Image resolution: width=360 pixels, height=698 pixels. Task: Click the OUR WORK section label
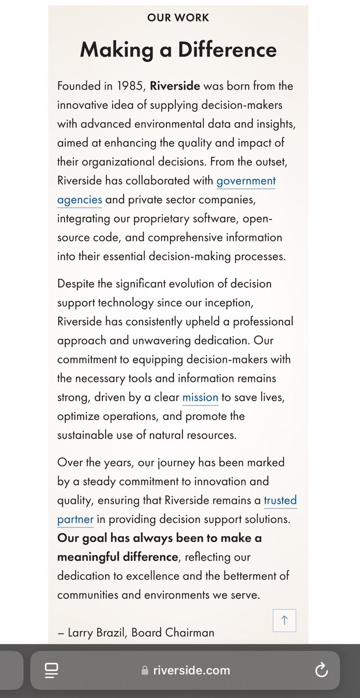(178, 17)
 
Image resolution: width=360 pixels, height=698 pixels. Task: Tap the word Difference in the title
(226, 50)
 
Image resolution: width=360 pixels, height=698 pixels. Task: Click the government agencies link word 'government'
(246, 181)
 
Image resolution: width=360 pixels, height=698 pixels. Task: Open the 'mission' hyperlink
(200, 398)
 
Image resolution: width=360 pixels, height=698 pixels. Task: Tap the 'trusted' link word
(280, 500)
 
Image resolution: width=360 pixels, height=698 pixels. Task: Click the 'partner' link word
(76, 519)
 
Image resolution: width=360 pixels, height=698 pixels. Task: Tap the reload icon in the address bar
(321, 671)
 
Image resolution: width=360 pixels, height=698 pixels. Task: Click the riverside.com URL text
(191, 671)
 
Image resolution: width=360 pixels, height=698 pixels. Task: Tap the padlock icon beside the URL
(145, 671)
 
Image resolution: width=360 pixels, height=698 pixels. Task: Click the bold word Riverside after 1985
(174, 86)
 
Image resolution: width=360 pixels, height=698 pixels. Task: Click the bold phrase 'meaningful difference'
(117, 557)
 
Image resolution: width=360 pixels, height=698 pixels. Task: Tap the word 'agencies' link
(80, 200)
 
